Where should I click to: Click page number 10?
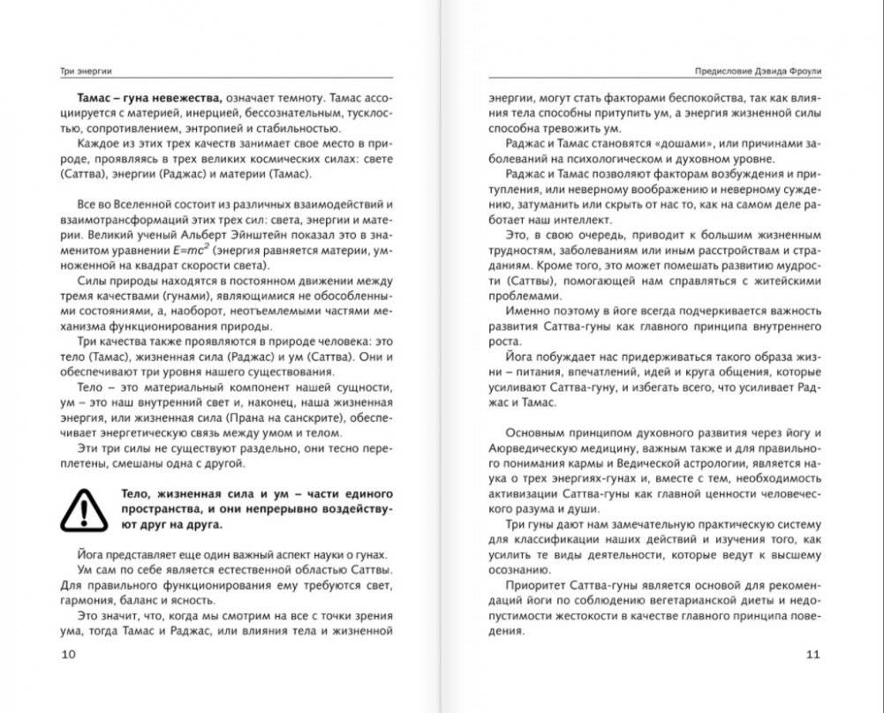point(69,654)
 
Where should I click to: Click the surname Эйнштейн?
point(254,235)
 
